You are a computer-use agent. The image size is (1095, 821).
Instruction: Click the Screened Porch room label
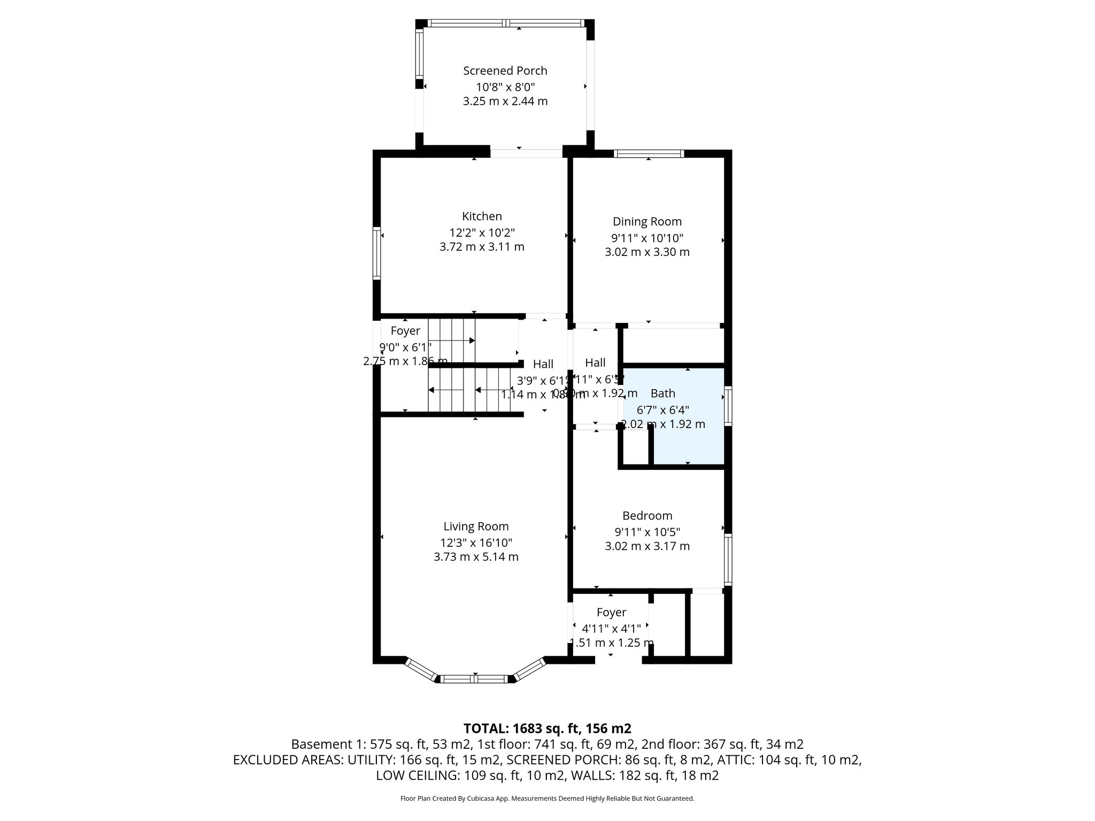point(505,71)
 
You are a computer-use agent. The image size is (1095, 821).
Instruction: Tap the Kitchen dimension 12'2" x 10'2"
point(482,233)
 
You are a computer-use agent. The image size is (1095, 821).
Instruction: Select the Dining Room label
point(647,221)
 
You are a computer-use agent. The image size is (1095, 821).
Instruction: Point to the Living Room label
point(476,526)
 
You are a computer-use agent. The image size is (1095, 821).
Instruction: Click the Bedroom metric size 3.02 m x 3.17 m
point(647,546)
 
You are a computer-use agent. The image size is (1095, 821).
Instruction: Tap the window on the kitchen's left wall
point(376,253)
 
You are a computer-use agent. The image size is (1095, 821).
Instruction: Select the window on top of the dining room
point(649,153)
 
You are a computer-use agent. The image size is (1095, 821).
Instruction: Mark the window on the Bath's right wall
point(728,406)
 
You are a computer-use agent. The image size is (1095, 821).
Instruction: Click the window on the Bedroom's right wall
point(728,559)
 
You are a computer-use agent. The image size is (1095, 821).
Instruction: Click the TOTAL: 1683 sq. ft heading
point(547,728)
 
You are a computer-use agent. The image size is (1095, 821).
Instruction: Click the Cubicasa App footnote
point(547,799)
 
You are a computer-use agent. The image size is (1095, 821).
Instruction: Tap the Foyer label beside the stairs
point(405,331)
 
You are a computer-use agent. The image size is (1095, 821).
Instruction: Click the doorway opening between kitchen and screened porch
point(526,153)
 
